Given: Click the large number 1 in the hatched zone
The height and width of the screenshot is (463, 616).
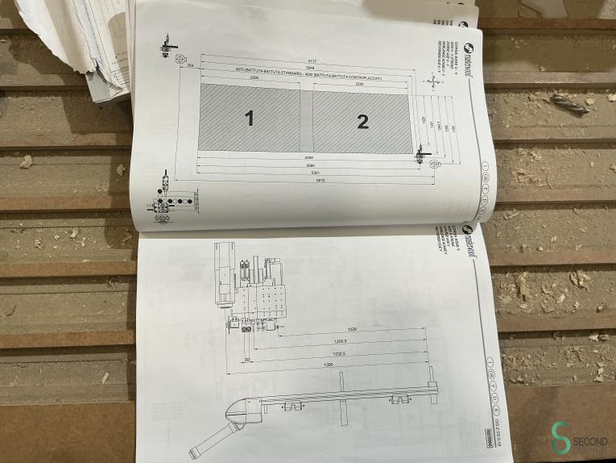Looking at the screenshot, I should (x=249, y=119).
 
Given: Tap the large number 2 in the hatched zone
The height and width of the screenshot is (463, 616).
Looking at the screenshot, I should (x=362, y=122).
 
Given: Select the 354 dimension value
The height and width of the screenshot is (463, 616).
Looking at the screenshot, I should (x=191, y=65).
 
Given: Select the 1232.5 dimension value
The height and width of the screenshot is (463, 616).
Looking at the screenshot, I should (x=338, y=353).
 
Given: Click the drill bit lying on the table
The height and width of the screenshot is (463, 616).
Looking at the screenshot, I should (x=569, y=102).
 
